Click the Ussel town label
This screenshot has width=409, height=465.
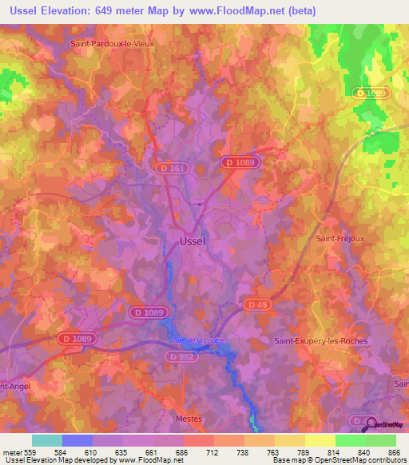click(x=192, y=240)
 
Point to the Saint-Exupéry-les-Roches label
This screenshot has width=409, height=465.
click(x=320, y=341)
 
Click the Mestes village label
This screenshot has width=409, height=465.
click(x=189, y=418)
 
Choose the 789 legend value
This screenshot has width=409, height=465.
click(x=292, y=451)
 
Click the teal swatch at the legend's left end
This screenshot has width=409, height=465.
click(x=47, y=439)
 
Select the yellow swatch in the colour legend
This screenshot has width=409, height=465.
click(x=320, y=439)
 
